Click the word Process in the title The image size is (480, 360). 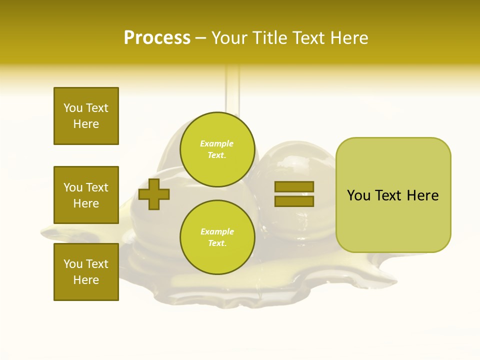(157, 38)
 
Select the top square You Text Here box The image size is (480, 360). (86, 116)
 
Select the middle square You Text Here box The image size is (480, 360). (86, 195)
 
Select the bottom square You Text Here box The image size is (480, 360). (86, 272)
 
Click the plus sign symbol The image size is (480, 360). (154, 194)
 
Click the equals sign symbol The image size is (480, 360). (294, 194)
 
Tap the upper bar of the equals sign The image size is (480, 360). (294, 186)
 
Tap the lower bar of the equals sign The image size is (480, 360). (294, 201)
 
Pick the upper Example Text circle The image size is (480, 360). (217, 149)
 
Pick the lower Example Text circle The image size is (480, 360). (217, 237)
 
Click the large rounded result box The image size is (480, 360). (393, 195)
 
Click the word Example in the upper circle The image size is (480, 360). (217, 143)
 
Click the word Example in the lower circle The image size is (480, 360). (217, 231)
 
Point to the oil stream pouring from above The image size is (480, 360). (232, 90)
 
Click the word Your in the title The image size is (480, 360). (229, 38)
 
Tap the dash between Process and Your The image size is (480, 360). (200, 38)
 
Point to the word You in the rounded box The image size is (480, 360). (358, 195)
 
